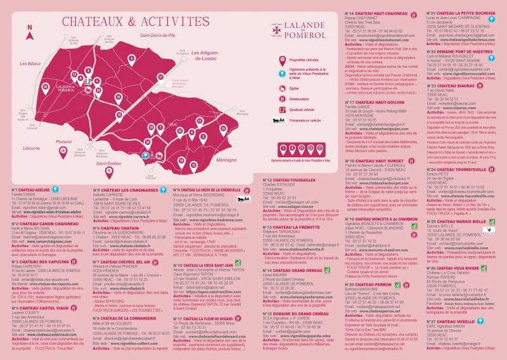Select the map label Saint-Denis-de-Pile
coord(162,35)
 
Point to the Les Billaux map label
coord(29,64)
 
